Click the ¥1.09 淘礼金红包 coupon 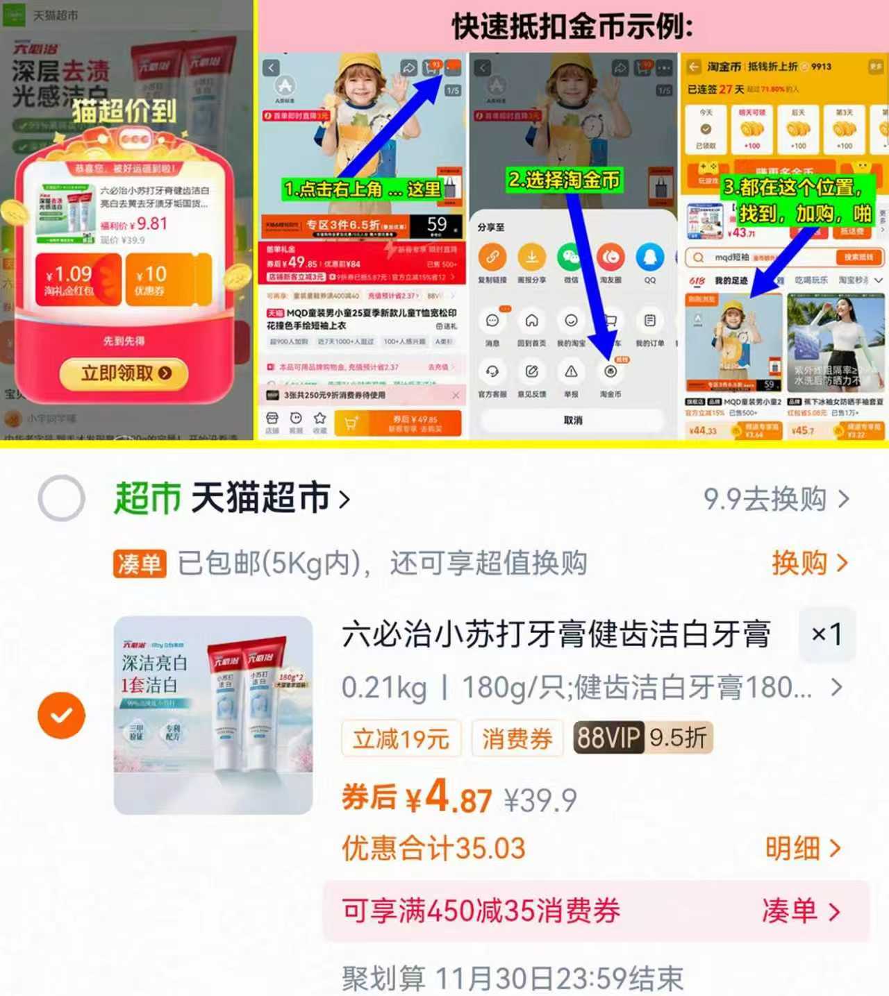[78, 280]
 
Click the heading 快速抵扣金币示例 [572, 26]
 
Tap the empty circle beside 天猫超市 [62, 498]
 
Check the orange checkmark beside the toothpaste [62, 715]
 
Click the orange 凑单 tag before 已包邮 [140, 564]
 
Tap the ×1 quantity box [826, 634]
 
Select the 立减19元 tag [401, 738]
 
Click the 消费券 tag [517, 738]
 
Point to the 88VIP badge [608, 737]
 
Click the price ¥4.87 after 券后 [449, 798]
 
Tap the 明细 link [802, 848]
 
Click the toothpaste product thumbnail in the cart [213, 715]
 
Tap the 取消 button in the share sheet [573, 421]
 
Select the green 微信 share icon [571, 258]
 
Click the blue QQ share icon [650, 258]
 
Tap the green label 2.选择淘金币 [564, 180]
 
